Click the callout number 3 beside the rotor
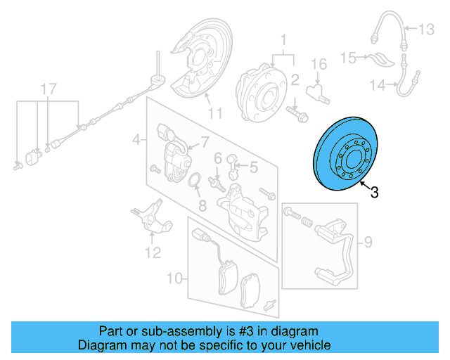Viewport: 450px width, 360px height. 374,192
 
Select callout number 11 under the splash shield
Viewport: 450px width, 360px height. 214,113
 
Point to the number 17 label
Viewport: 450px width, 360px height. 47,89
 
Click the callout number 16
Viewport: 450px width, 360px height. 319,65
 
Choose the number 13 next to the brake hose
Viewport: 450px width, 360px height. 427,30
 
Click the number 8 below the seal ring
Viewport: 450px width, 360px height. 202,207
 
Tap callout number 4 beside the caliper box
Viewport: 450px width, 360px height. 136,141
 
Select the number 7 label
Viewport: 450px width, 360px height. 205,142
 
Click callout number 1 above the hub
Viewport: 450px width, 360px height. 284,39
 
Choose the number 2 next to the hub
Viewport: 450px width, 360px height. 295,79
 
